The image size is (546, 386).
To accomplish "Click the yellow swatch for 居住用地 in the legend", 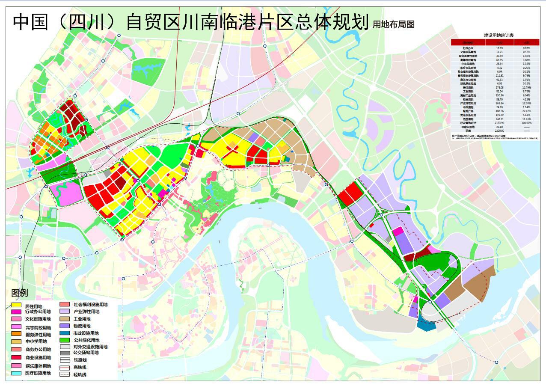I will pos(16,306).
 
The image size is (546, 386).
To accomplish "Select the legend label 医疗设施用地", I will pos(38,373).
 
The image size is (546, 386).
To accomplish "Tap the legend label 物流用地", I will pos(82,326).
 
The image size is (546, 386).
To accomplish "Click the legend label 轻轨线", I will pos(80,374).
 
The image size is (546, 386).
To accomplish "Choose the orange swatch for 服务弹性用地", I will pos(16,333).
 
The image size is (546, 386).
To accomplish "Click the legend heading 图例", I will pos(20,293).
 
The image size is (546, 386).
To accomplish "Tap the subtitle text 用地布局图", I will pos(393,24).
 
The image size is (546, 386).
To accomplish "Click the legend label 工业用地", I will pos(82,319).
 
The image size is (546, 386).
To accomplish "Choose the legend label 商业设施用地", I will pos(38,358).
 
